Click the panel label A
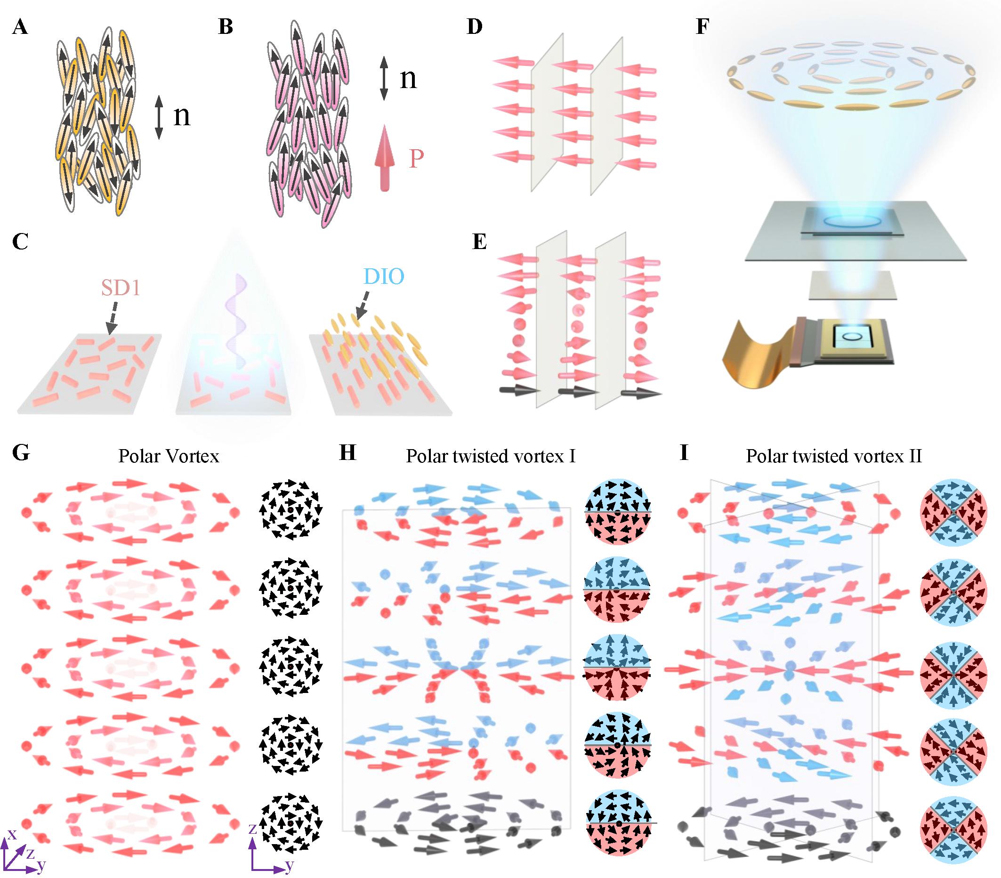point(20,27)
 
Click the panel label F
point(702,27)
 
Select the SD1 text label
point(121,289)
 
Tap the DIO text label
point(383,277)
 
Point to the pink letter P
point(416,159)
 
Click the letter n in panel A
point(182,117)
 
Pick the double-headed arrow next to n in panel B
point(384,78)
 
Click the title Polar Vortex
point(169,456)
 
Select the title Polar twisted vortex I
point(490,456)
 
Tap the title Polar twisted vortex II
point(833,456)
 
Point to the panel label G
point(21,453)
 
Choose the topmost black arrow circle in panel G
point(291,511)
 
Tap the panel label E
point(479,242)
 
